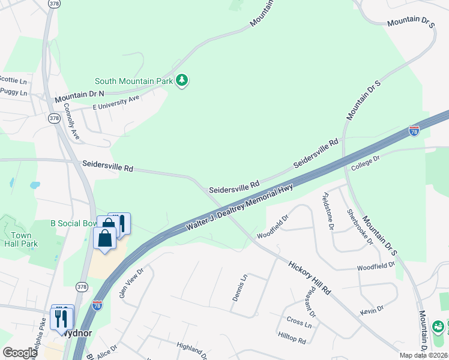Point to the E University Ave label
[x=116, y=102]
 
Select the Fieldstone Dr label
[x=328, y=211]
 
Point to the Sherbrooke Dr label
[x=360, y=227]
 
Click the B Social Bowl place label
[x=73, y=223]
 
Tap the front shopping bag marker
[x=105, y=238]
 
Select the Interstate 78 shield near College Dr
[x=414, y=130]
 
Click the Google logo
[x=20, y=352]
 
